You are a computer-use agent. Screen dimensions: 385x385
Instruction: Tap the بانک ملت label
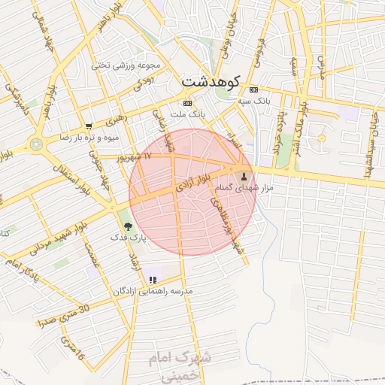[x=188, y=114]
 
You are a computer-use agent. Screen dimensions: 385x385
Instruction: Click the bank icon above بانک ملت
[x=187, y=103]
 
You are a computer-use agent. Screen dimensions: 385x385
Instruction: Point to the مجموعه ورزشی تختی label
[x=123, y=65]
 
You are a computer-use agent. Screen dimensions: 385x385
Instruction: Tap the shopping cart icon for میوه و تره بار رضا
[x=89, y=126]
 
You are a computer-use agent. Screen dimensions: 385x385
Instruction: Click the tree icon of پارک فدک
[x=127, y=225]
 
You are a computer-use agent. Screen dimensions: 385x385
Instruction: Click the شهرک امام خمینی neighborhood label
[x=186, y=364]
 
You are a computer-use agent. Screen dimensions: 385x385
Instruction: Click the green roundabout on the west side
[x=35, y=143]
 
